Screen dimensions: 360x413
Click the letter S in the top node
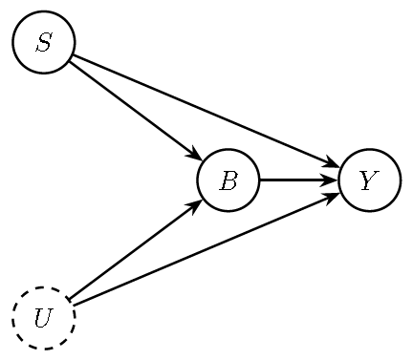coord(43,42)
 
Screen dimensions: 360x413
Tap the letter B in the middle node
coord(228,180)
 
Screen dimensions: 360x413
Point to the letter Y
coord(369,180)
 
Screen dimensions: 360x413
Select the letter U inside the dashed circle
coord(43,318)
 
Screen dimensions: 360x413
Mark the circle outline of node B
coord(228,150)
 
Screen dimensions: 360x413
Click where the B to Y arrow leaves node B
coord(259,180)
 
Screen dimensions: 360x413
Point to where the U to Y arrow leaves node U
coord(73,307)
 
